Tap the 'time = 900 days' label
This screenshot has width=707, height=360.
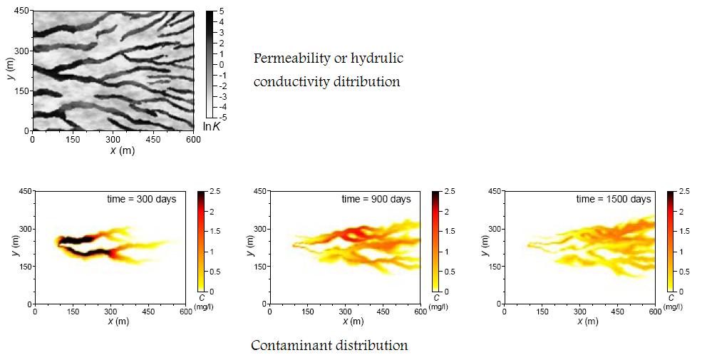pos(376,199)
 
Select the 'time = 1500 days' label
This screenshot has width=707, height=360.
pos(615,199)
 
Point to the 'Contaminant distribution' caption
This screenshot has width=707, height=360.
pos(329,346)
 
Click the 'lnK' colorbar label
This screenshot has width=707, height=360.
pos(212,126)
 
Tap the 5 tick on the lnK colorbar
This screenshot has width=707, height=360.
pos(222,11)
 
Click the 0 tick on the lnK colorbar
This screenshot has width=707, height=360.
pos(222,64)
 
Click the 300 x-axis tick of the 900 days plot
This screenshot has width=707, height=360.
pos(347,311)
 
